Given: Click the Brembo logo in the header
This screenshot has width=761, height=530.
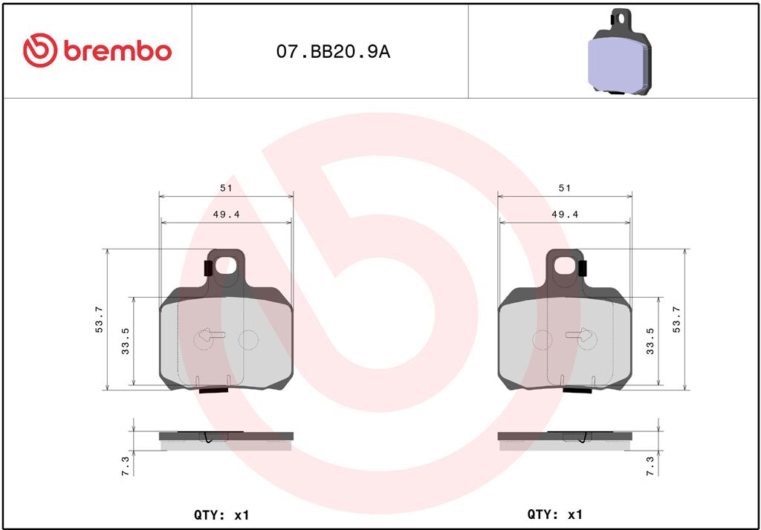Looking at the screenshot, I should click(97, 50).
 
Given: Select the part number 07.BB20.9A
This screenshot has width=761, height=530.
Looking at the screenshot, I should click(333, 52).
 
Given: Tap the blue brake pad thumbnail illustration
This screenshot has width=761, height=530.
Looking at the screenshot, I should click(618, 53).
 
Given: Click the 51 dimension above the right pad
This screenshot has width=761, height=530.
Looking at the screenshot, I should click(565, 189).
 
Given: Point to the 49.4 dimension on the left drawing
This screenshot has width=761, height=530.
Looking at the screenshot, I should click(226, 215).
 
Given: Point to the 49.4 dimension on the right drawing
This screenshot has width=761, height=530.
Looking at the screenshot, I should click(565, 215).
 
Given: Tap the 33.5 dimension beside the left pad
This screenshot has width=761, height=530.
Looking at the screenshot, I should click(126, 341).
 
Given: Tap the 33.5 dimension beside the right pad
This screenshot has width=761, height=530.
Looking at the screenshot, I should click(651, 341).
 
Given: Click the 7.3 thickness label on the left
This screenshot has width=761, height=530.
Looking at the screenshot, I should click(125, 466).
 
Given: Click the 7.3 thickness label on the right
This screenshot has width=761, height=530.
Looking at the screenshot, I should click(651, 466).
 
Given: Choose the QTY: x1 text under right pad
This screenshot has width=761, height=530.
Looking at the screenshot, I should click(554, 514).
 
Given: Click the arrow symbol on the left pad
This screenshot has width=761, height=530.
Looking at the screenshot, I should click(212, 335).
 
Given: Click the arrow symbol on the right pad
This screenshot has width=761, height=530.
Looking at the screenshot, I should click(580, 335).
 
